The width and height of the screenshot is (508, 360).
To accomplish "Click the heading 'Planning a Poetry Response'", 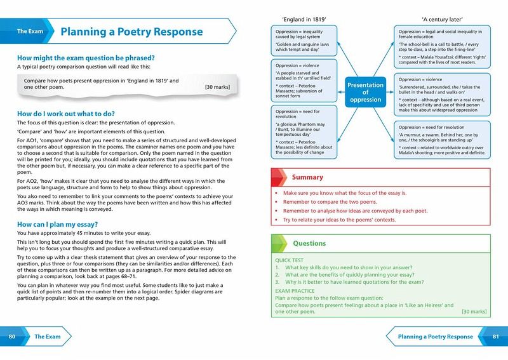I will pyautogui.click(x=131, y=31).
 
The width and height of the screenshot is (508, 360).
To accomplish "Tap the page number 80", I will pyautogui.click(x=12, y=337).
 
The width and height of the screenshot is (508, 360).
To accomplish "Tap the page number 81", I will pyautogui.click(x=496, y=337).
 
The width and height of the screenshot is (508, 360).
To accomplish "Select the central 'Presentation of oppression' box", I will pyautogui.click(x=365, y=93).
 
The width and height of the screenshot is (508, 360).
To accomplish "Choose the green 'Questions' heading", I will pyautogui.click(x=309, y=243).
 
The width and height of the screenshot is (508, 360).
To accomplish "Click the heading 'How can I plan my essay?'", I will pyautogui.click(x=58, y=225).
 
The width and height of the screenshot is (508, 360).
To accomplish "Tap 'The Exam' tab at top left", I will pyautogui.click(x=30, y=31).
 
